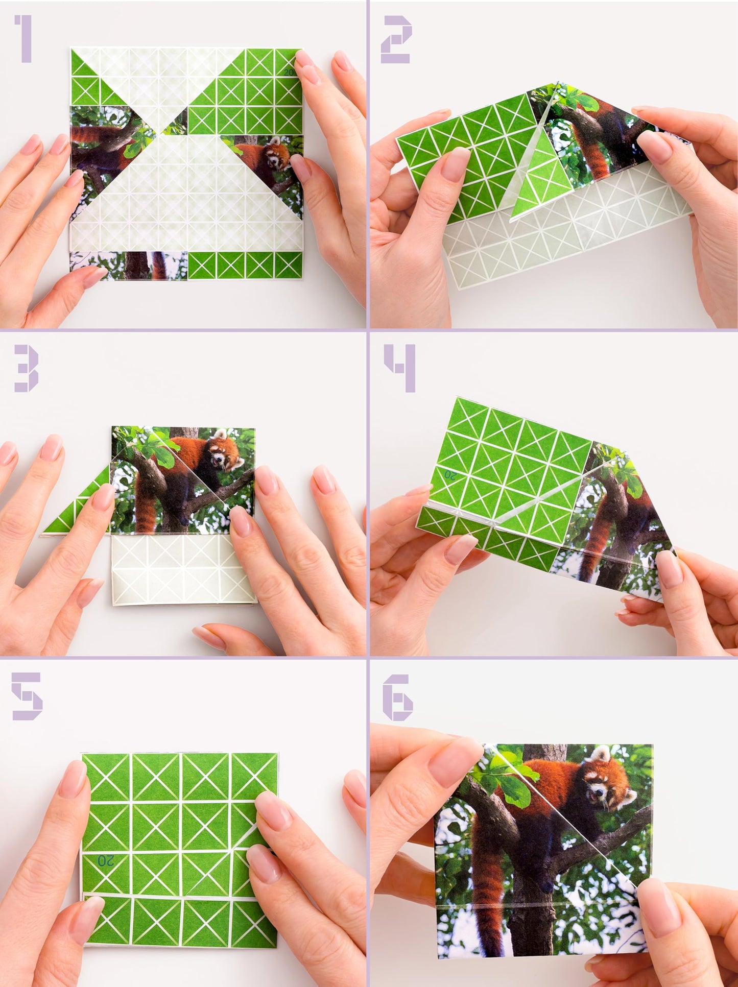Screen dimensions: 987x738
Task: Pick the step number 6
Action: click(398, 697)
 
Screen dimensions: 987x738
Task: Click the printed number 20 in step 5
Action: click(106, 861)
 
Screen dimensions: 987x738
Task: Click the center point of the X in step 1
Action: click(162, 134)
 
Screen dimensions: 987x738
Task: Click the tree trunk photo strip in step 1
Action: click(128, 266)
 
